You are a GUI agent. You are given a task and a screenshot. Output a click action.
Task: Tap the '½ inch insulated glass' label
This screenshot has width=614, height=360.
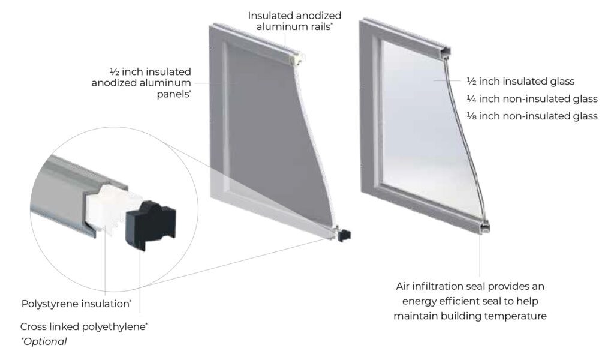click(x=520, y=82)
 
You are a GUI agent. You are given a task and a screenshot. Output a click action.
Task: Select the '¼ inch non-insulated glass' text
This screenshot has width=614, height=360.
click(x=532, y=99)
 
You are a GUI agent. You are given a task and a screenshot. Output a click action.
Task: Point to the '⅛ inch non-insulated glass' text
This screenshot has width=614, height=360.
click(x=532, y=116)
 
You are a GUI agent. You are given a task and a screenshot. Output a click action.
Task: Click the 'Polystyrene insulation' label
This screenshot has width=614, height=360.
click(x=76, y=304)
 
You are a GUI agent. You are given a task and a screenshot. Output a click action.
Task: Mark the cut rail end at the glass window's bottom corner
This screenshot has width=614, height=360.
click(x=484, y=227)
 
